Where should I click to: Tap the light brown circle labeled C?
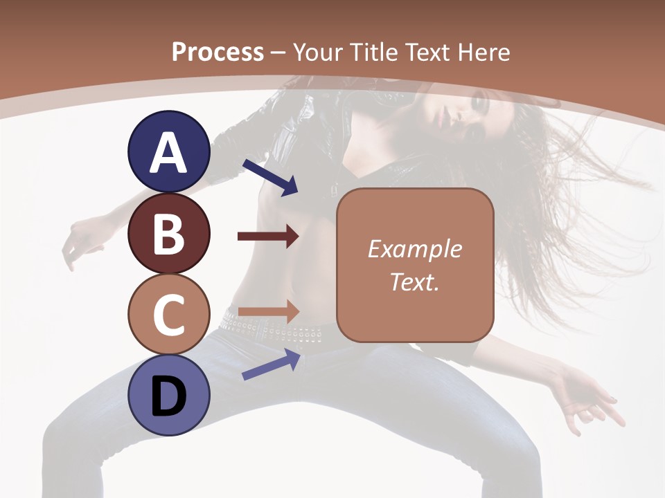pos(169,314)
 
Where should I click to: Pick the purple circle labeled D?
pos(169,396)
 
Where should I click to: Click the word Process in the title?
pos(218,53)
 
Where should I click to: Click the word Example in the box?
pos(414,249)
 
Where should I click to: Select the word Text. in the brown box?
pos(414,282)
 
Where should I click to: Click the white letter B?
pos(169,234)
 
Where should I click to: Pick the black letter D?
pos(169,397)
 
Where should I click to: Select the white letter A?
pos(169,152)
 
